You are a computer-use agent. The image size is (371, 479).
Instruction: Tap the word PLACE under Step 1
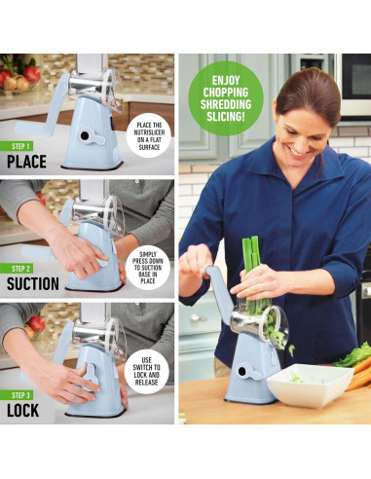point(26,162)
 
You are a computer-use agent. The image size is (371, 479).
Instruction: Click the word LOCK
point(26,409)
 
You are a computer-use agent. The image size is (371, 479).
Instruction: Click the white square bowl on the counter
point(310,384)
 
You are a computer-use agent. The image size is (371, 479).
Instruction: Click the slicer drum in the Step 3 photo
point(101,337)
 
